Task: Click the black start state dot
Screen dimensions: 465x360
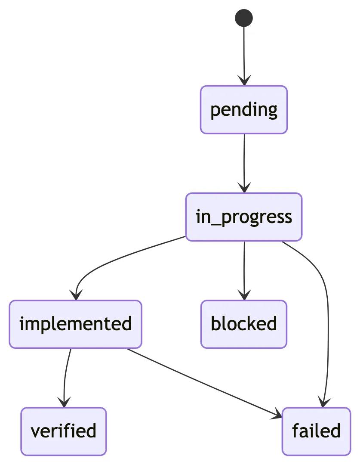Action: (x=244, y=18)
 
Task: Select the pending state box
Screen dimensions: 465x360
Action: (x=244, y=110)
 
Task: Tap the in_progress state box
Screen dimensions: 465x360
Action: (x=244, y=217)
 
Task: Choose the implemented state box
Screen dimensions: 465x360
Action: (x=76, y=324)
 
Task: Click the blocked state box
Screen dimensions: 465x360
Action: (x=243, y=324)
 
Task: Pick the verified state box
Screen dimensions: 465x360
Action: (x=64, y=431)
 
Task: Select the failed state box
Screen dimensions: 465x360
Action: (x=316, y=431)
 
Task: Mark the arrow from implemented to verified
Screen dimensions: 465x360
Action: (x=65, y=375)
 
